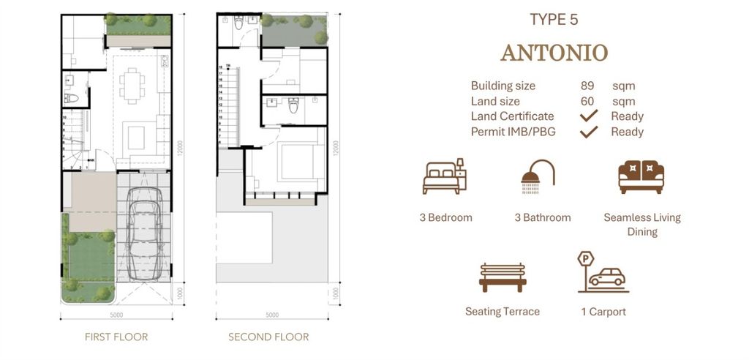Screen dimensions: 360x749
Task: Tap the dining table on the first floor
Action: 133,81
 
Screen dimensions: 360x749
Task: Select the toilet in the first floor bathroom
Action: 72,98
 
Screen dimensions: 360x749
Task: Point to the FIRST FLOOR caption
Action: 116,337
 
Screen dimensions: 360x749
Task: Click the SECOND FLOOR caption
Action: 268,337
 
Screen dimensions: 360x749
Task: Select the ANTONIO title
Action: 554,53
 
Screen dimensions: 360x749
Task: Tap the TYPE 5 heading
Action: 554,20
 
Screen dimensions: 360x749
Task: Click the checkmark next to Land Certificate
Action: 588,116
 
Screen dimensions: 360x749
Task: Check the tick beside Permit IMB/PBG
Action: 588,132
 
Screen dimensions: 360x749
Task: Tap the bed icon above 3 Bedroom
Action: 444,177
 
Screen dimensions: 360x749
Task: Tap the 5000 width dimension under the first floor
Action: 116,315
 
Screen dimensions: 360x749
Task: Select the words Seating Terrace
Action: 503,312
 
